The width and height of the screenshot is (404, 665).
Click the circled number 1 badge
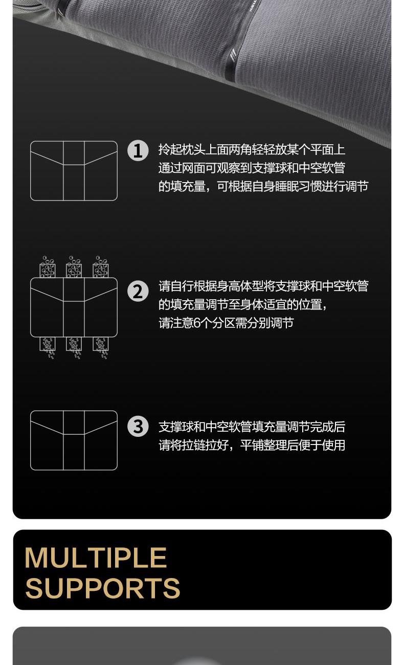point(138,150)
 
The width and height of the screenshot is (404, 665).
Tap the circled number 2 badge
point(138,291)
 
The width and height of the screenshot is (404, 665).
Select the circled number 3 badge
point(138,427)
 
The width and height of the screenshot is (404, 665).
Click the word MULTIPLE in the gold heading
point(96,558)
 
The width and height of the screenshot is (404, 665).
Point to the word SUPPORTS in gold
point(103,589)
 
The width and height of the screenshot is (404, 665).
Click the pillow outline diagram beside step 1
point(74,171)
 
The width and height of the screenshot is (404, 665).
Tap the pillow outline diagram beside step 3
point(74,440)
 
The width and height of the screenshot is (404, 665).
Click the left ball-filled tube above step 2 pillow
point(48,267)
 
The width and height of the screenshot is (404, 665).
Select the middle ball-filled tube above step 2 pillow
point(74,267)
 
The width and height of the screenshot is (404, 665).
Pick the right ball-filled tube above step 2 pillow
point(101,267)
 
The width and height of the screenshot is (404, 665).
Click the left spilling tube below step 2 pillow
point(48,348)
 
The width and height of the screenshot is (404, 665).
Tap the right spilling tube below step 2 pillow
point(101,348)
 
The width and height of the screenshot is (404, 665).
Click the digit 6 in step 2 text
point(197,323)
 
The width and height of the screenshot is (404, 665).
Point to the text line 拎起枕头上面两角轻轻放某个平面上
point(252,149)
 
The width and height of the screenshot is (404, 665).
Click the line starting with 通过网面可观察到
point(252,168)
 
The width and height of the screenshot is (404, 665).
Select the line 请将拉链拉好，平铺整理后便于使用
point(252,445)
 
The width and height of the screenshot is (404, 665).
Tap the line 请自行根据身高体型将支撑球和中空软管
point(263,286)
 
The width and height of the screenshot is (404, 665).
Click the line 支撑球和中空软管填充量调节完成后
point(252,427)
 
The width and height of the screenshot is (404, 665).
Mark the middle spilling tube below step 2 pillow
point(74,348)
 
